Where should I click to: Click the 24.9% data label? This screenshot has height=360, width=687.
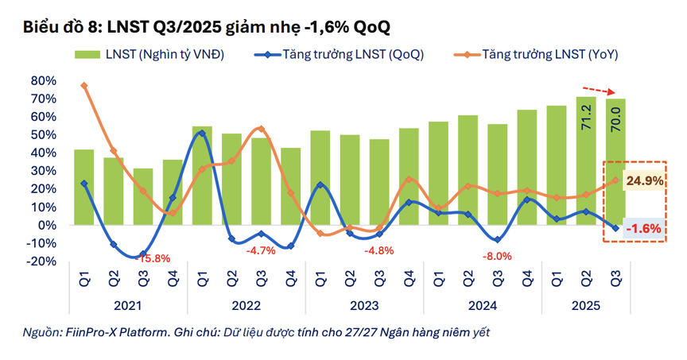(x=644, y=181)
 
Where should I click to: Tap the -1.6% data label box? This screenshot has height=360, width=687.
(x=644, y=229)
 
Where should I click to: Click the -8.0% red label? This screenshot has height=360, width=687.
(x=497, y=257)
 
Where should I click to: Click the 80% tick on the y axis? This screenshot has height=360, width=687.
(x=44, y=81)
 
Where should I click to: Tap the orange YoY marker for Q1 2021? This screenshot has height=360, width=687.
(x=84, y=86)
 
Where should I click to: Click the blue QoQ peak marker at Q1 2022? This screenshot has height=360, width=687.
(x=202, y=133)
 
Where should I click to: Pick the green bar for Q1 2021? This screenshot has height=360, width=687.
(x=84, y=188)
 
